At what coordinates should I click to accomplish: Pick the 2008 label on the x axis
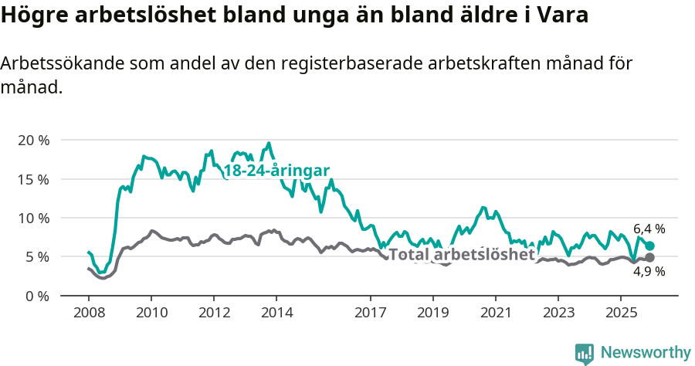(88, 313)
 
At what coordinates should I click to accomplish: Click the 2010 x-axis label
(151, 313)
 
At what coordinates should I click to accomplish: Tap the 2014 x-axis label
(276, 313)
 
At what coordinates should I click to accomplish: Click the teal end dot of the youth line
(649, 246)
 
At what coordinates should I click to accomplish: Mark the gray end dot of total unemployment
(649, 257)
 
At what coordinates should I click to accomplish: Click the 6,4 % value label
(649, 229)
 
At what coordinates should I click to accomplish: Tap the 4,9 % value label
(649, 272)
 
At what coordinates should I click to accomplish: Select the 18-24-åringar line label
(276, 171)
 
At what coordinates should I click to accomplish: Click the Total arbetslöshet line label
(462, 255)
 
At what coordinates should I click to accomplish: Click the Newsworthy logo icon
(585, 354)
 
